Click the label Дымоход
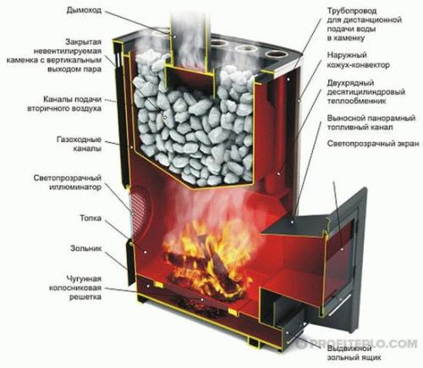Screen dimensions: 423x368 [x=84, y=11]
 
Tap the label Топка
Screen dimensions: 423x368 [x=91, y=218]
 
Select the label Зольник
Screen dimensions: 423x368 [x=85, y=249]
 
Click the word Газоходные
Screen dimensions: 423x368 [x=79, y=140]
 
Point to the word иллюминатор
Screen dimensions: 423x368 [x=75, y=187]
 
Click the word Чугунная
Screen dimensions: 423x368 [x=84, y=279]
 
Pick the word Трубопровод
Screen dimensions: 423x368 [x=352, y=11]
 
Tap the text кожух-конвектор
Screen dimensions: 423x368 [x=359, y=65]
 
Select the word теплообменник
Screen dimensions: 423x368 [x=356, y=101]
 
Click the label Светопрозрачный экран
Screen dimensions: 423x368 [x=373, y=144]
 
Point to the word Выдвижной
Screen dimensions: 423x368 [x=349, y=349]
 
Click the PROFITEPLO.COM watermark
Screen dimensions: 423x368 [x=358, y=343]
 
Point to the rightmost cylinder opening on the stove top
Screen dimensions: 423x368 [x=276, y=55]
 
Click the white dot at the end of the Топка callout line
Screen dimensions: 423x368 [x=146, y=251]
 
